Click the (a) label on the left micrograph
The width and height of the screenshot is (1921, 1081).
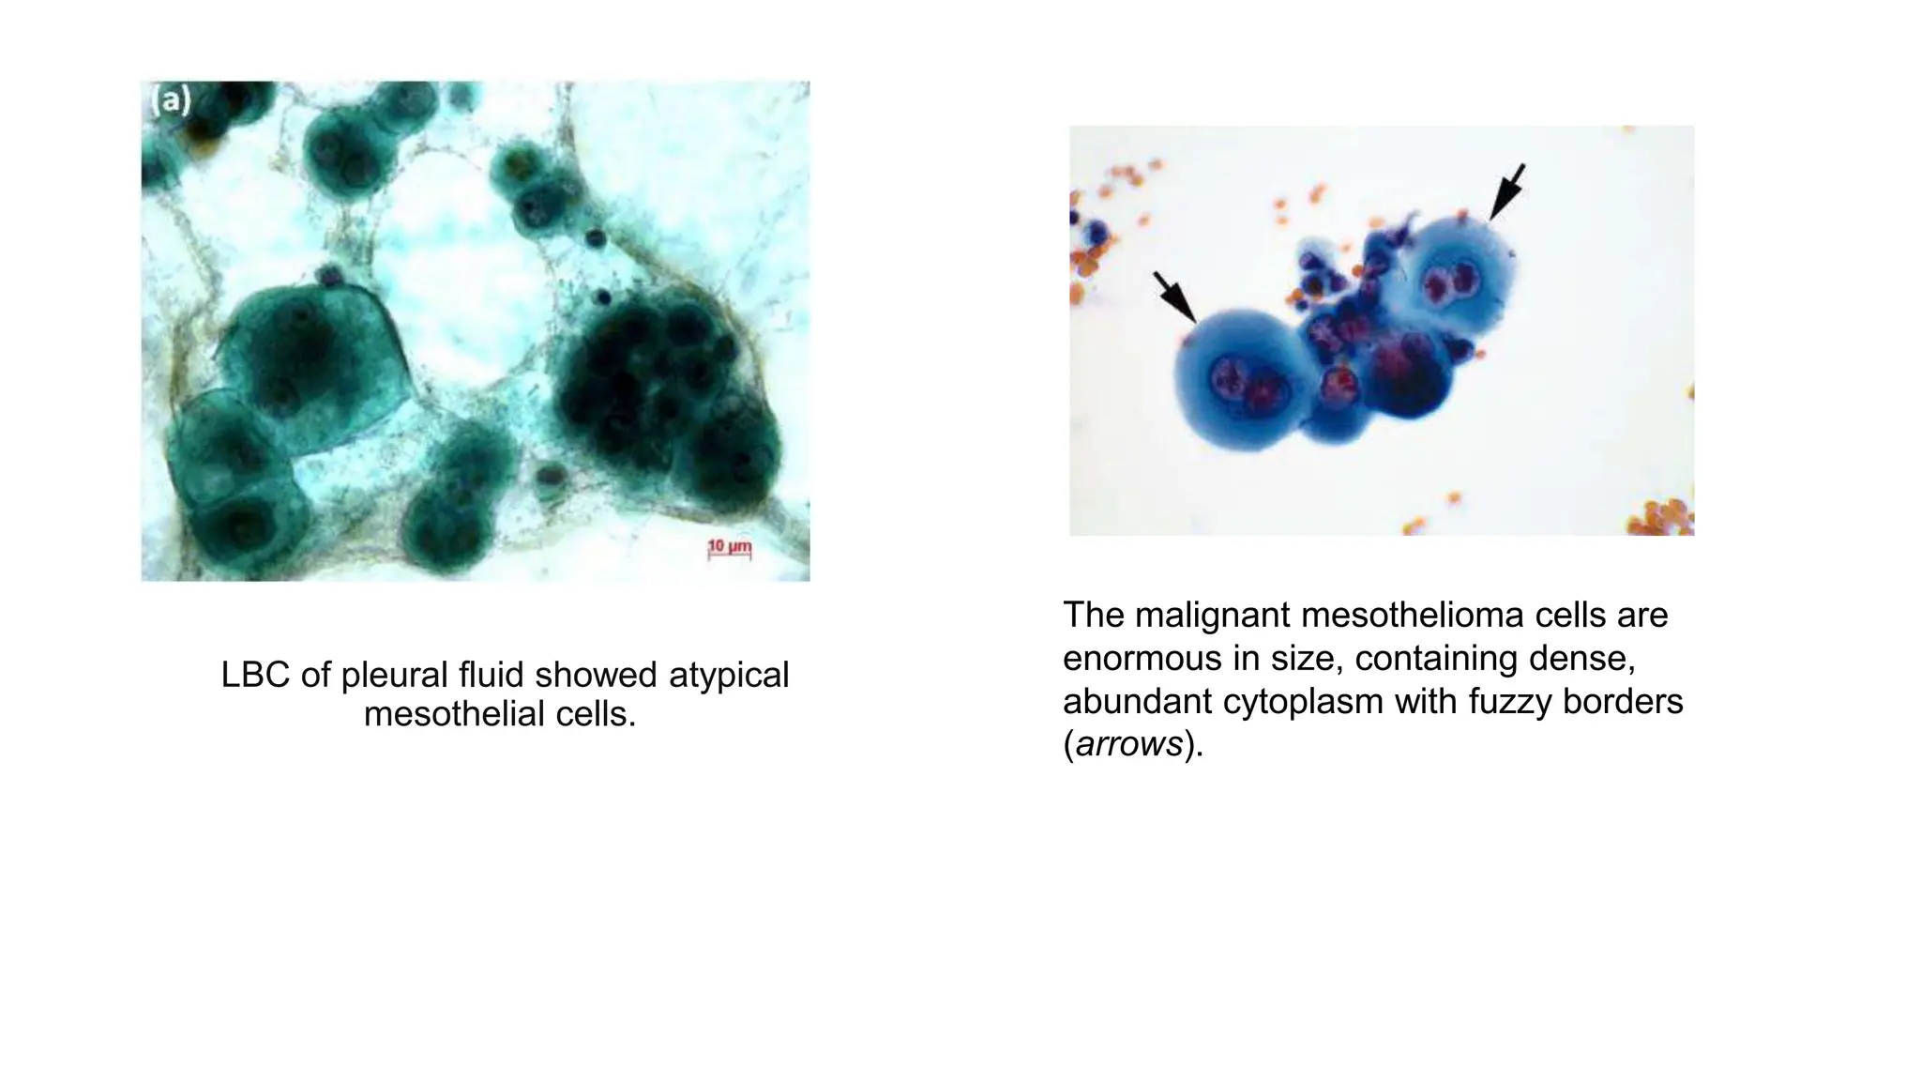pyautogui.click(x=171, y=100)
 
